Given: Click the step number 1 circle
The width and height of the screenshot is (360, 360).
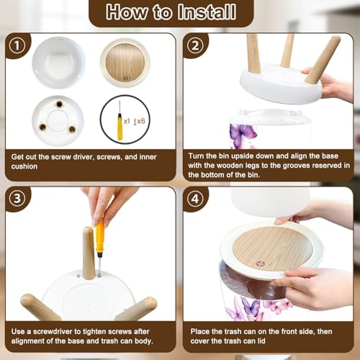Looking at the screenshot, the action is pyautogui.click(x=17, y=45).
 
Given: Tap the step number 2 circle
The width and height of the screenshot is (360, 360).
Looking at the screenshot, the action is pyautogui.click(x=195, y=45).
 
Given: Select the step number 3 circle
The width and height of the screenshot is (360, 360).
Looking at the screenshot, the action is pyautogui.click(x=17, y=199).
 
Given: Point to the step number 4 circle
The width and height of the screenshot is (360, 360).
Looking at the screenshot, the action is pyautogui.click(x=195, y=199).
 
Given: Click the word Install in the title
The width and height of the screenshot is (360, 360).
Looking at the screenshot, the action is pyautogui.click(x=207, y=12).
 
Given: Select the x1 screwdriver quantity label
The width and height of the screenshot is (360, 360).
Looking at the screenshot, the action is pyautogui.click(x=127, y=121).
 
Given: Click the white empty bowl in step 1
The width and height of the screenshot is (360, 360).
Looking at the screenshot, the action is pyautogui.click(x=58, y=63).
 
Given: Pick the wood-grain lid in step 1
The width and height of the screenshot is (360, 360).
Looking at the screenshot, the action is pyautogui.click(x=125, y=63).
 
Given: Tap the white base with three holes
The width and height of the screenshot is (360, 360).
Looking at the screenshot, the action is pyautogui.click(x=58, y=121).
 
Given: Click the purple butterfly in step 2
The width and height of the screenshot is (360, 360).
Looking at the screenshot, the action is pyautogui.click(x=242, y=135).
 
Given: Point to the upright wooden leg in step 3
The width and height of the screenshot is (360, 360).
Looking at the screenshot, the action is pyautogui.click(x=89, y=253).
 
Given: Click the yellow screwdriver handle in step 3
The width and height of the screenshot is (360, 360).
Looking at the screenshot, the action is pyautogui.click(x=100, y=236).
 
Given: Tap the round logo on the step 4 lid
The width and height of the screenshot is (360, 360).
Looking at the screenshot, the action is pyautogui.click(x=260, y=264).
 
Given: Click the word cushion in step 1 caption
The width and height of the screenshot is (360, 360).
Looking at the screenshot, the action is pyautogui.click(x=24, y=166).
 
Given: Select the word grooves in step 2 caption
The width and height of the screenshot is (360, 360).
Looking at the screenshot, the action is pyautogui.click(x=297, y=166).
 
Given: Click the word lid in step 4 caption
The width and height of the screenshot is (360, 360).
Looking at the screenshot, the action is pyautogui.click(x=261, y=341).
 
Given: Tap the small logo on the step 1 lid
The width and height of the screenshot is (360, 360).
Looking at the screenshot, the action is pyautogui.click(x=126, y=78).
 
